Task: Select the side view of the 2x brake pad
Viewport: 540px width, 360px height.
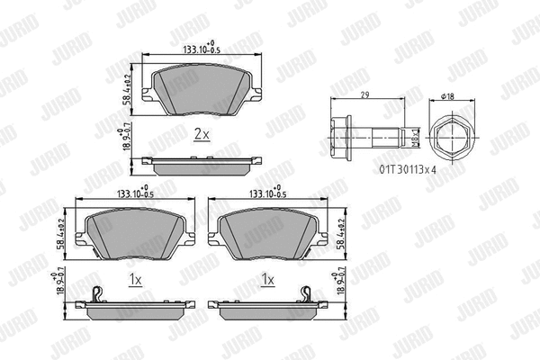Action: pyautogui.click(x=202, y=166)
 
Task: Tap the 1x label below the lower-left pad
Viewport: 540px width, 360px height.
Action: pyautogui.click(x=136, y=280)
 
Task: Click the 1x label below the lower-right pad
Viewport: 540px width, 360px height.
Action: pyautogui.click(x=267, y=280)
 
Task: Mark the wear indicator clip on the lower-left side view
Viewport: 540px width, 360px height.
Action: pyautogui.click(x=97, y=294)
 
